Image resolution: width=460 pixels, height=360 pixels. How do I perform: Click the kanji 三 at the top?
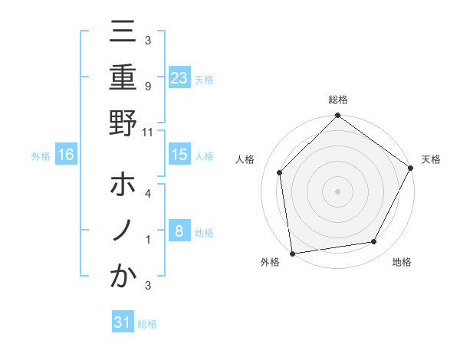(x=123, y=32)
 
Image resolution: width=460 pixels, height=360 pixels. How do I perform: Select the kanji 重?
(x=123, y=77)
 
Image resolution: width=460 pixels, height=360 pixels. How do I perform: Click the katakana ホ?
(x=123, y=186)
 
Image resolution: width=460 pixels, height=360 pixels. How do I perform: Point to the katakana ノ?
(x=123, y=231)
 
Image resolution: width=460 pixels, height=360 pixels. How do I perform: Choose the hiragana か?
(x=123, y=277)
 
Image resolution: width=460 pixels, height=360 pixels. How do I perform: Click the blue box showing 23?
(x=179, y=77)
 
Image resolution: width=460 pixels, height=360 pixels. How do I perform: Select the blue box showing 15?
(x=179, y=155)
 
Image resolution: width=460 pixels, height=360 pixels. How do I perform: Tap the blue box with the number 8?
(x=179, y=231)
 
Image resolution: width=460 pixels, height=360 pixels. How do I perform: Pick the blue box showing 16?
(x=66, y=155)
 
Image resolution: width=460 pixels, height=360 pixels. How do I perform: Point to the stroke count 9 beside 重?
(x=147, y=86)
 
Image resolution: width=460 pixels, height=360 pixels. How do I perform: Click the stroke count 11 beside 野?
(x=148, y=132)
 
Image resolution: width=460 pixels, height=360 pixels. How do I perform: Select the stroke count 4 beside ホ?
(x=147, y=195)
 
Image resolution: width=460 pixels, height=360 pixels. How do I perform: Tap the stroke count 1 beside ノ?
(x=147, y=240)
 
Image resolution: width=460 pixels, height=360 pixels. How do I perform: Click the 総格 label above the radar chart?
(x=337, y=100)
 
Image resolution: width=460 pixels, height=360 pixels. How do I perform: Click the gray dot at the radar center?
(x=337, y=191)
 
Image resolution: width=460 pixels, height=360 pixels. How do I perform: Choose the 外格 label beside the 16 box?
(x=41, y=155)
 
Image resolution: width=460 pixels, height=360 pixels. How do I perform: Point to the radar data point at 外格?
(x=292, y=253)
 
